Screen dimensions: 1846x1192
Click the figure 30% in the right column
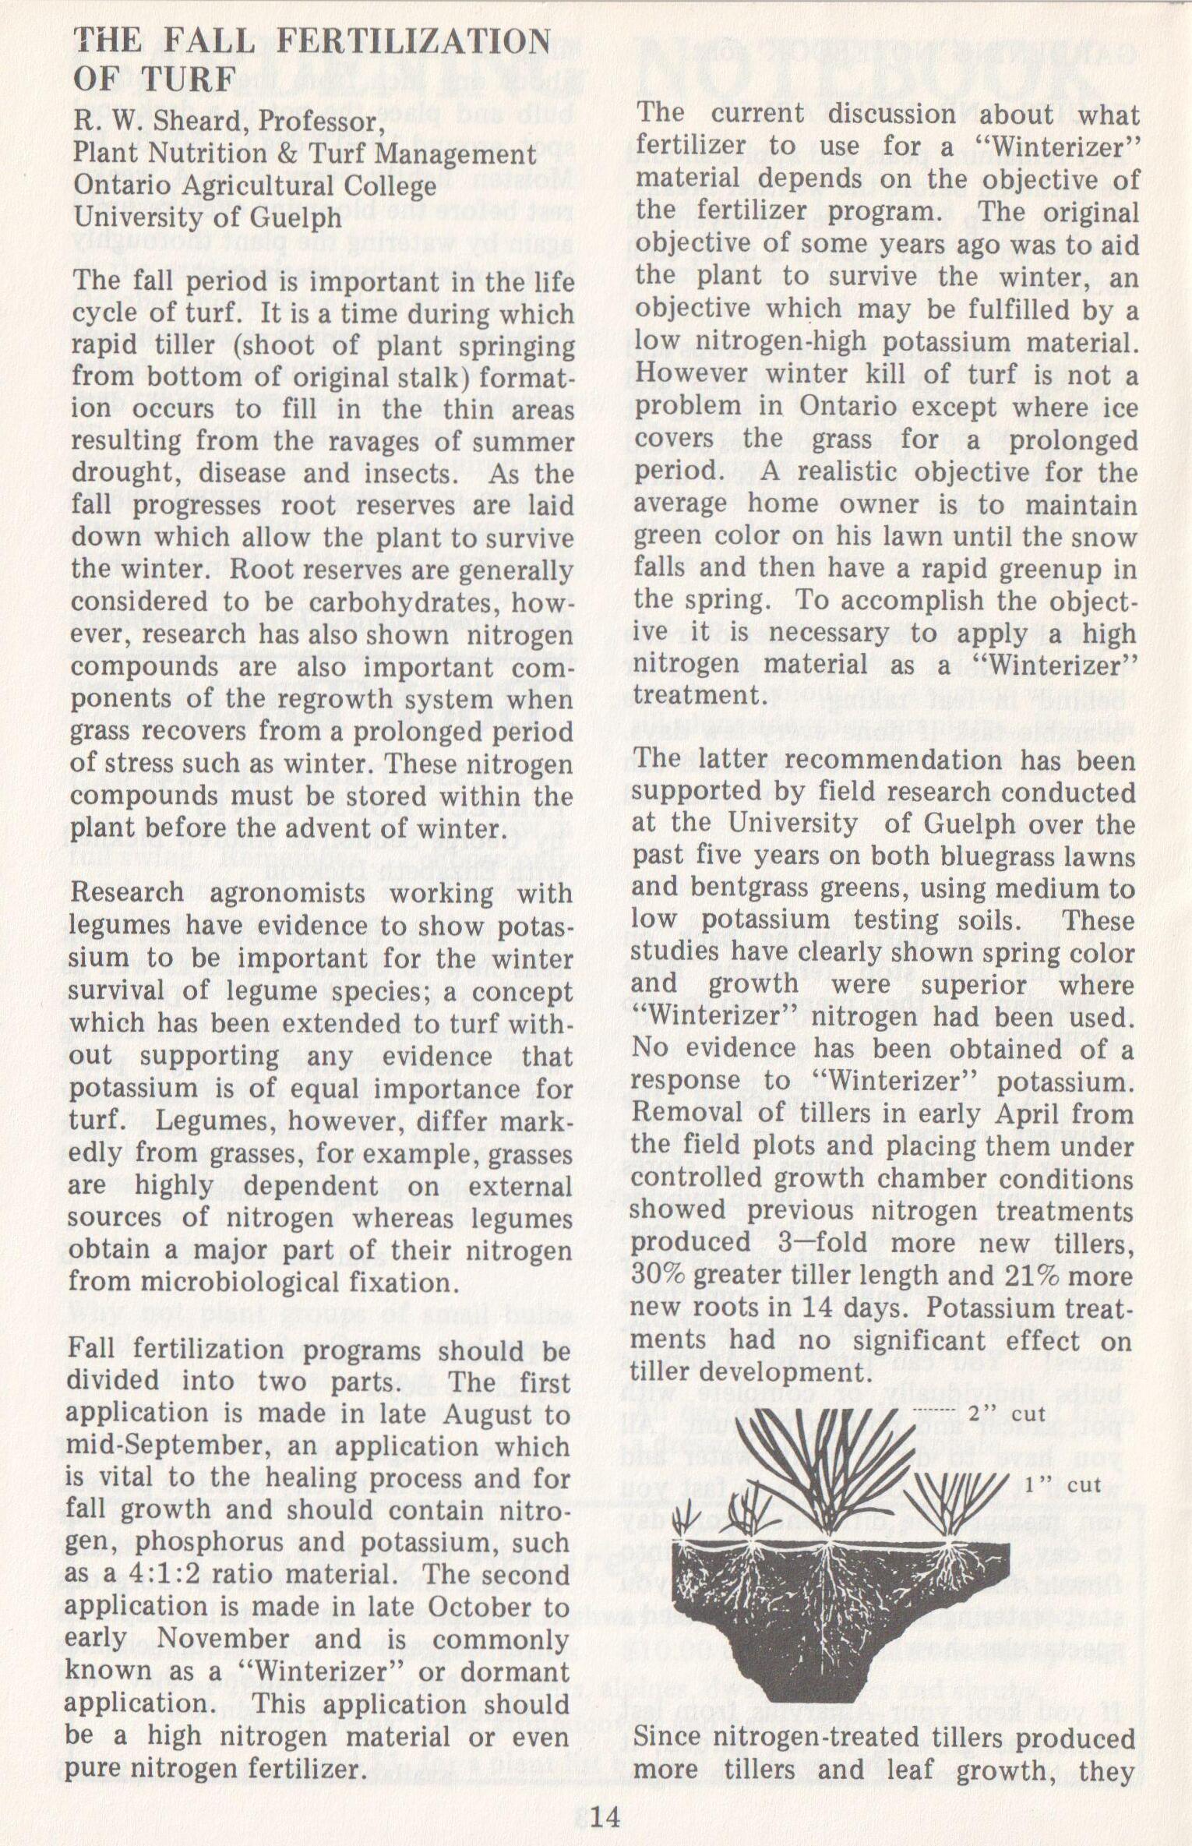click(658, 1276)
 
